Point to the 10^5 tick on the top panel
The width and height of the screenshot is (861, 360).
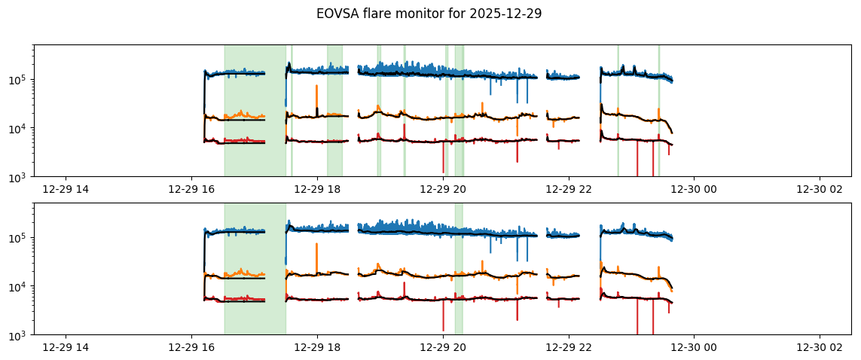click(20, 80)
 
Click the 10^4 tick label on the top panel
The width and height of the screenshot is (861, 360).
click(20, 128)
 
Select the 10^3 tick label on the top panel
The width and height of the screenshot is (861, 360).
click(20, 177)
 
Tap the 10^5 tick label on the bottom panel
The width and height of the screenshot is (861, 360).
click(20, 238)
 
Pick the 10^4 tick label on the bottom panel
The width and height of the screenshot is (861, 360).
click(20, 286)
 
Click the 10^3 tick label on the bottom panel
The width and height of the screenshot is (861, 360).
click(20, 335)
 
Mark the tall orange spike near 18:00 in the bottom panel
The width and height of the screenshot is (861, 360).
click(316, 252)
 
